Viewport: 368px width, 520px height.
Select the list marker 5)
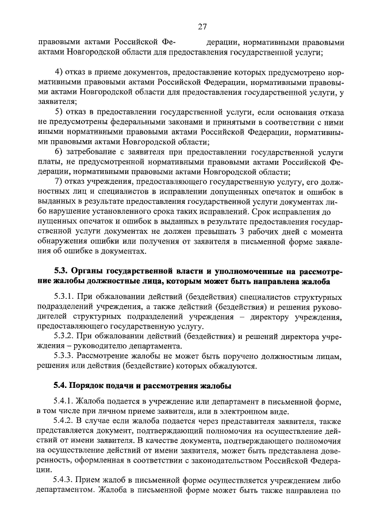59,111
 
